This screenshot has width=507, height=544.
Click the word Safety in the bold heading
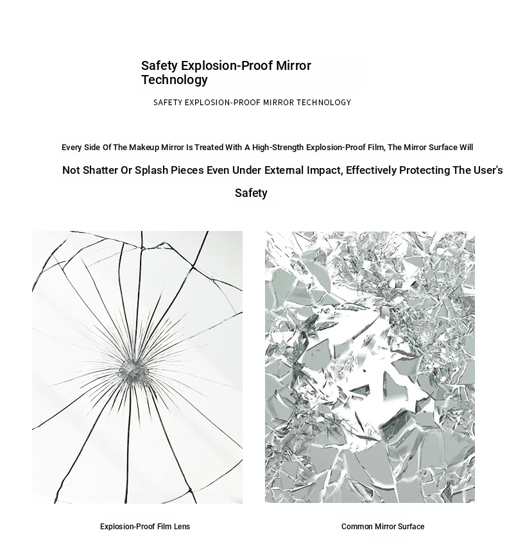coord(160,65)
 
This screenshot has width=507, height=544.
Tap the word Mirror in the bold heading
coord(293,65)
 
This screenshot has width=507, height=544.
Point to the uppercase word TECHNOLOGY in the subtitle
coord(323,103)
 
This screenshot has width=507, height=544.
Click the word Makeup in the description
coord(144,148)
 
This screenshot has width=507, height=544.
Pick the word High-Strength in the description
coord(278,148)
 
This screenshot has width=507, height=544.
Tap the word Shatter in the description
coord(100,171)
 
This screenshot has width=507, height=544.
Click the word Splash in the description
coord(151,171)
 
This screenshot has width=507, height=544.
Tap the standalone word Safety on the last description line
coord(251,193)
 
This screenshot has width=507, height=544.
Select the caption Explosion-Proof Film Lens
coord(145,527)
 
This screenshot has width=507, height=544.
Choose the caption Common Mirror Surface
coord(382,527)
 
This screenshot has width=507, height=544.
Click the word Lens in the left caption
coord(182,527)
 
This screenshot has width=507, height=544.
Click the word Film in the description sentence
coord(376,148)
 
